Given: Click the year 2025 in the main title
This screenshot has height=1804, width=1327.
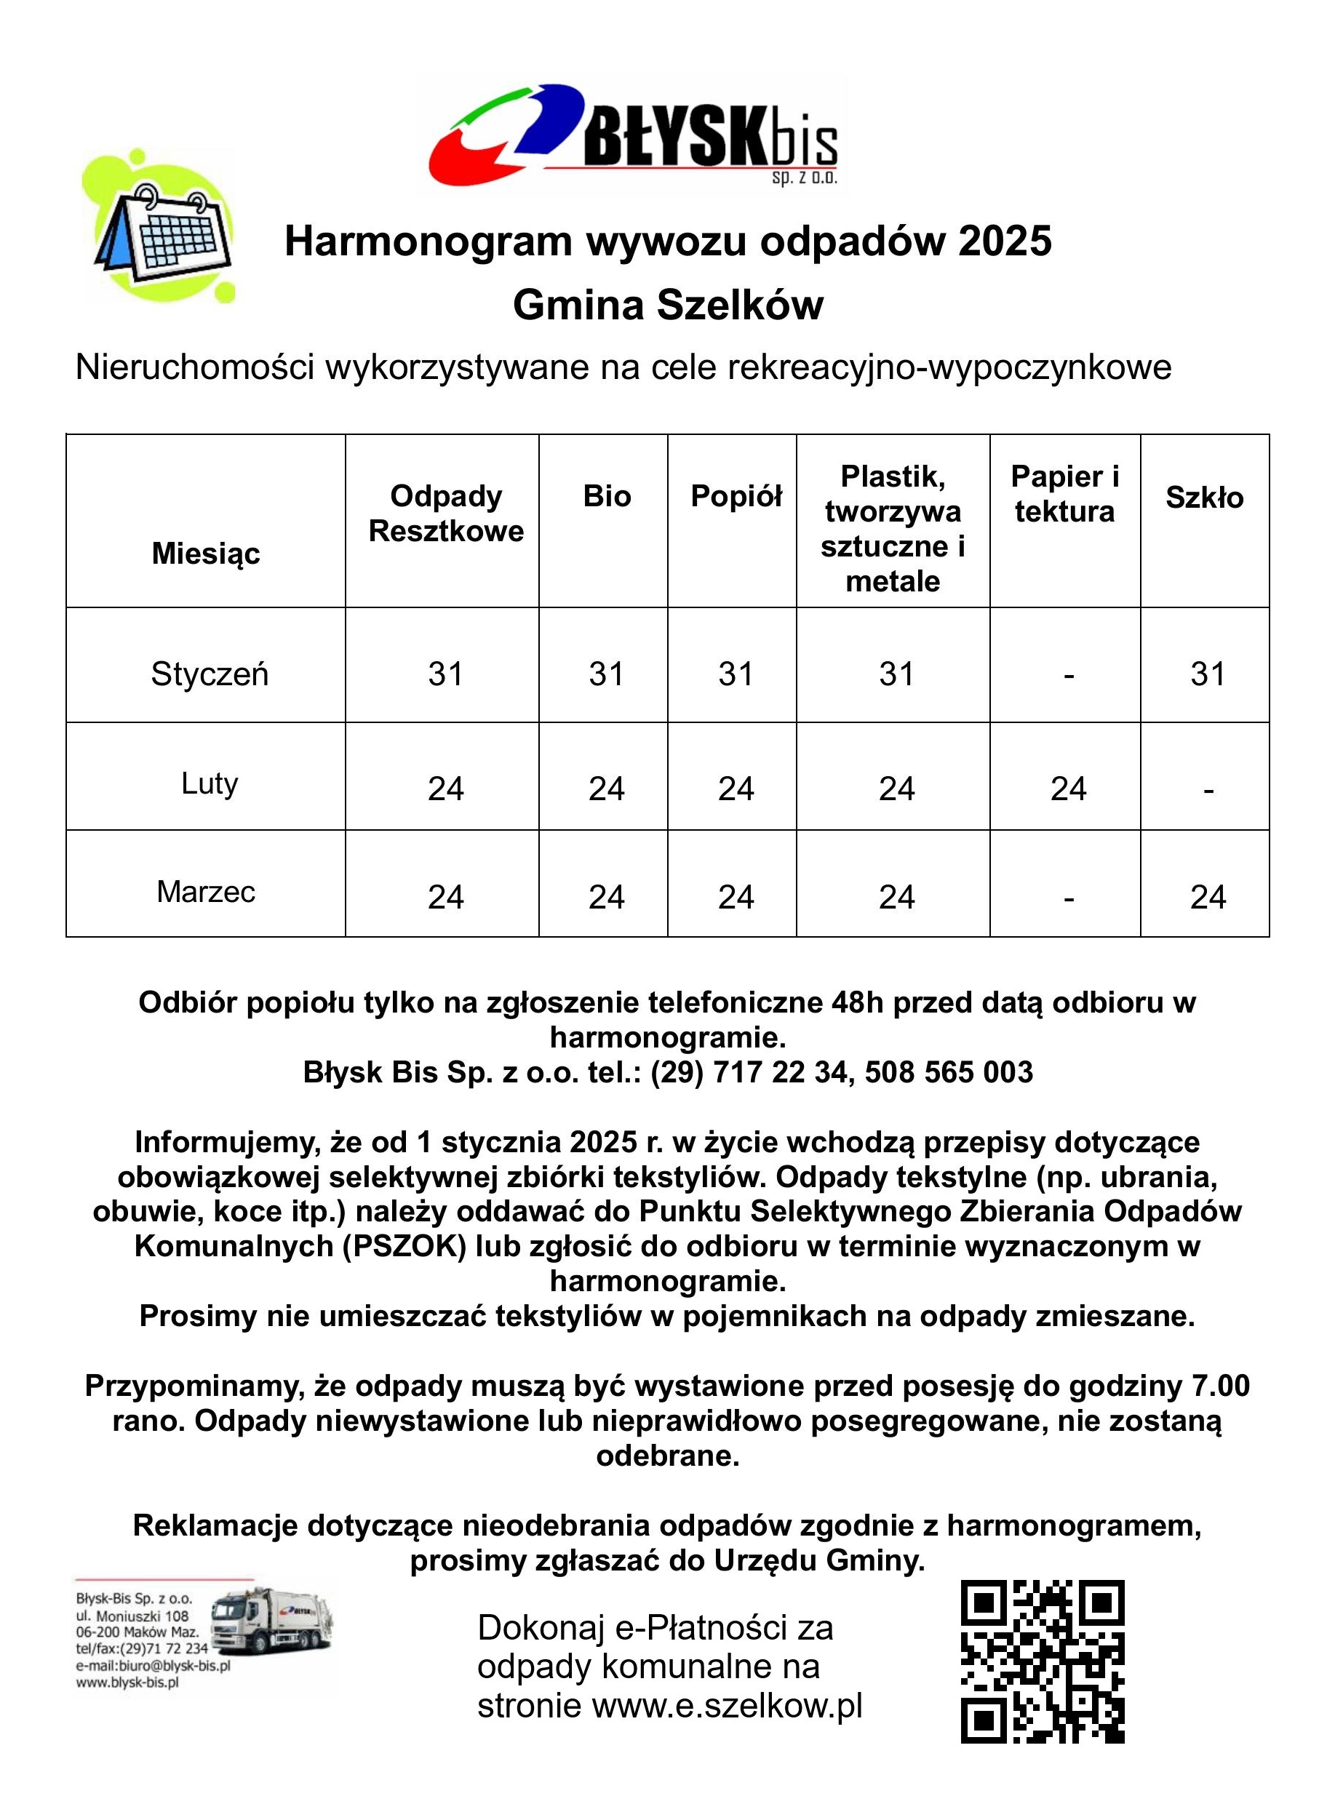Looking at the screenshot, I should tap(1004, 241).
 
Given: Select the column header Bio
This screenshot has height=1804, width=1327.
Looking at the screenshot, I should tap(607, 496).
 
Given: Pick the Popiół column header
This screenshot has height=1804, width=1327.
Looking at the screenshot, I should tap(736, 496).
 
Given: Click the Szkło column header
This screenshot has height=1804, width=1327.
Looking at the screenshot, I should tap(1204, 498).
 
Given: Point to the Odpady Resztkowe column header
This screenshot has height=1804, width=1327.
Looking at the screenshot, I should tap(446, 514).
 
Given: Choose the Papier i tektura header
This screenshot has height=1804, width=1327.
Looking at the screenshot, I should tap(1064, 494).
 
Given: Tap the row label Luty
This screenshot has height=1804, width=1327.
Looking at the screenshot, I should tap(210, 783).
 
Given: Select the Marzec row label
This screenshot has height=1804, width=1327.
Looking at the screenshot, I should tap(207, 892).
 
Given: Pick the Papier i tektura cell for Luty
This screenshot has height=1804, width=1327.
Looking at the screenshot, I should tap(1067, 789).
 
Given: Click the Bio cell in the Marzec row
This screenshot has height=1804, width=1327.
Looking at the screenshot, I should tap(606, 897).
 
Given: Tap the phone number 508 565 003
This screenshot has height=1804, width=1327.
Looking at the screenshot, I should tap(949, 1072).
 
